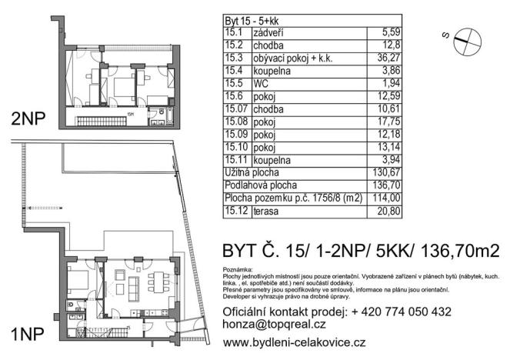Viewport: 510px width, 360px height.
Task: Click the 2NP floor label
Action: [26, 120]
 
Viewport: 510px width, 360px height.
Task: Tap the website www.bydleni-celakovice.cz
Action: [293, 341]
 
